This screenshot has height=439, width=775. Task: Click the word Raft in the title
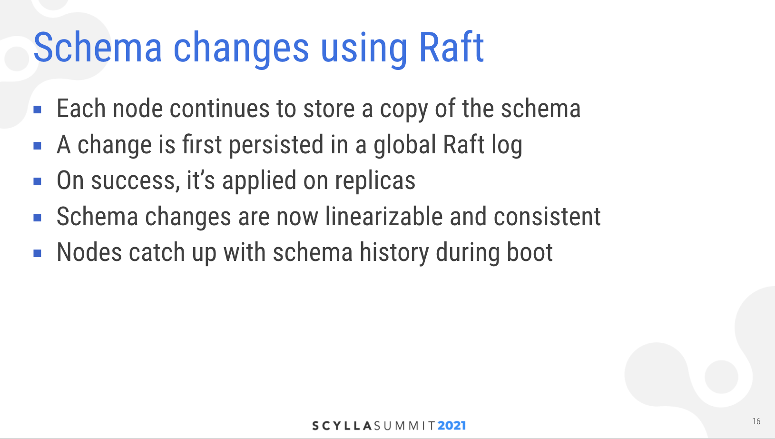coord(451,47)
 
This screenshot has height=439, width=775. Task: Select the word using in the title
coord(364,50)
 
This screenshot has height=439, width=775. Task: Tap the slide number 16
coord(756,421)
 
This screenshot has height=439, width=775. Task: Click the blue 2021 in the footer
coord(452,426)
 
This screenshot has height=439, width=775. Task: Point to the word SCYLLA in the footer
coord(342,426)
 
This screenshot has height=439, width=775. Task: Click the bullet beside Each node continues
coord(38,110)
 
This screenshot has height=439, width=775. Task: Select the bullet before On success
coord(38,181)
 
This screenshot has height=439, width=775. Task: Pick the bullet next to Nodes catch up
coord(38,253)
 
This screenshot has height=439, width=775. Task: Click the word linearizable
coord(384,216)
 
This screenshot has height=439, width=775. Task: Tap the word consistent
coord(547,216)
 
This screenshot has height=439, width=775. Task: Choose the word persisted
coord(276,145)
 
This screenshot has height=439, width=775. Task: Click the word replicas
coord(375,181)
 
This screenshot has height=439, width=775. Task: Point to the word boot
coord(530,252)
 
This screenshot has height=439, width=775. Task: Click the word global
coord(405,145)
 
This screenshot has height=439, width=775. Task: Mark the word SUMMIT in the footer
coord(405,426)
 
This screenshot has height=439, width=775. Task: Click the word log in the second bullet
coord(507,145)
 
